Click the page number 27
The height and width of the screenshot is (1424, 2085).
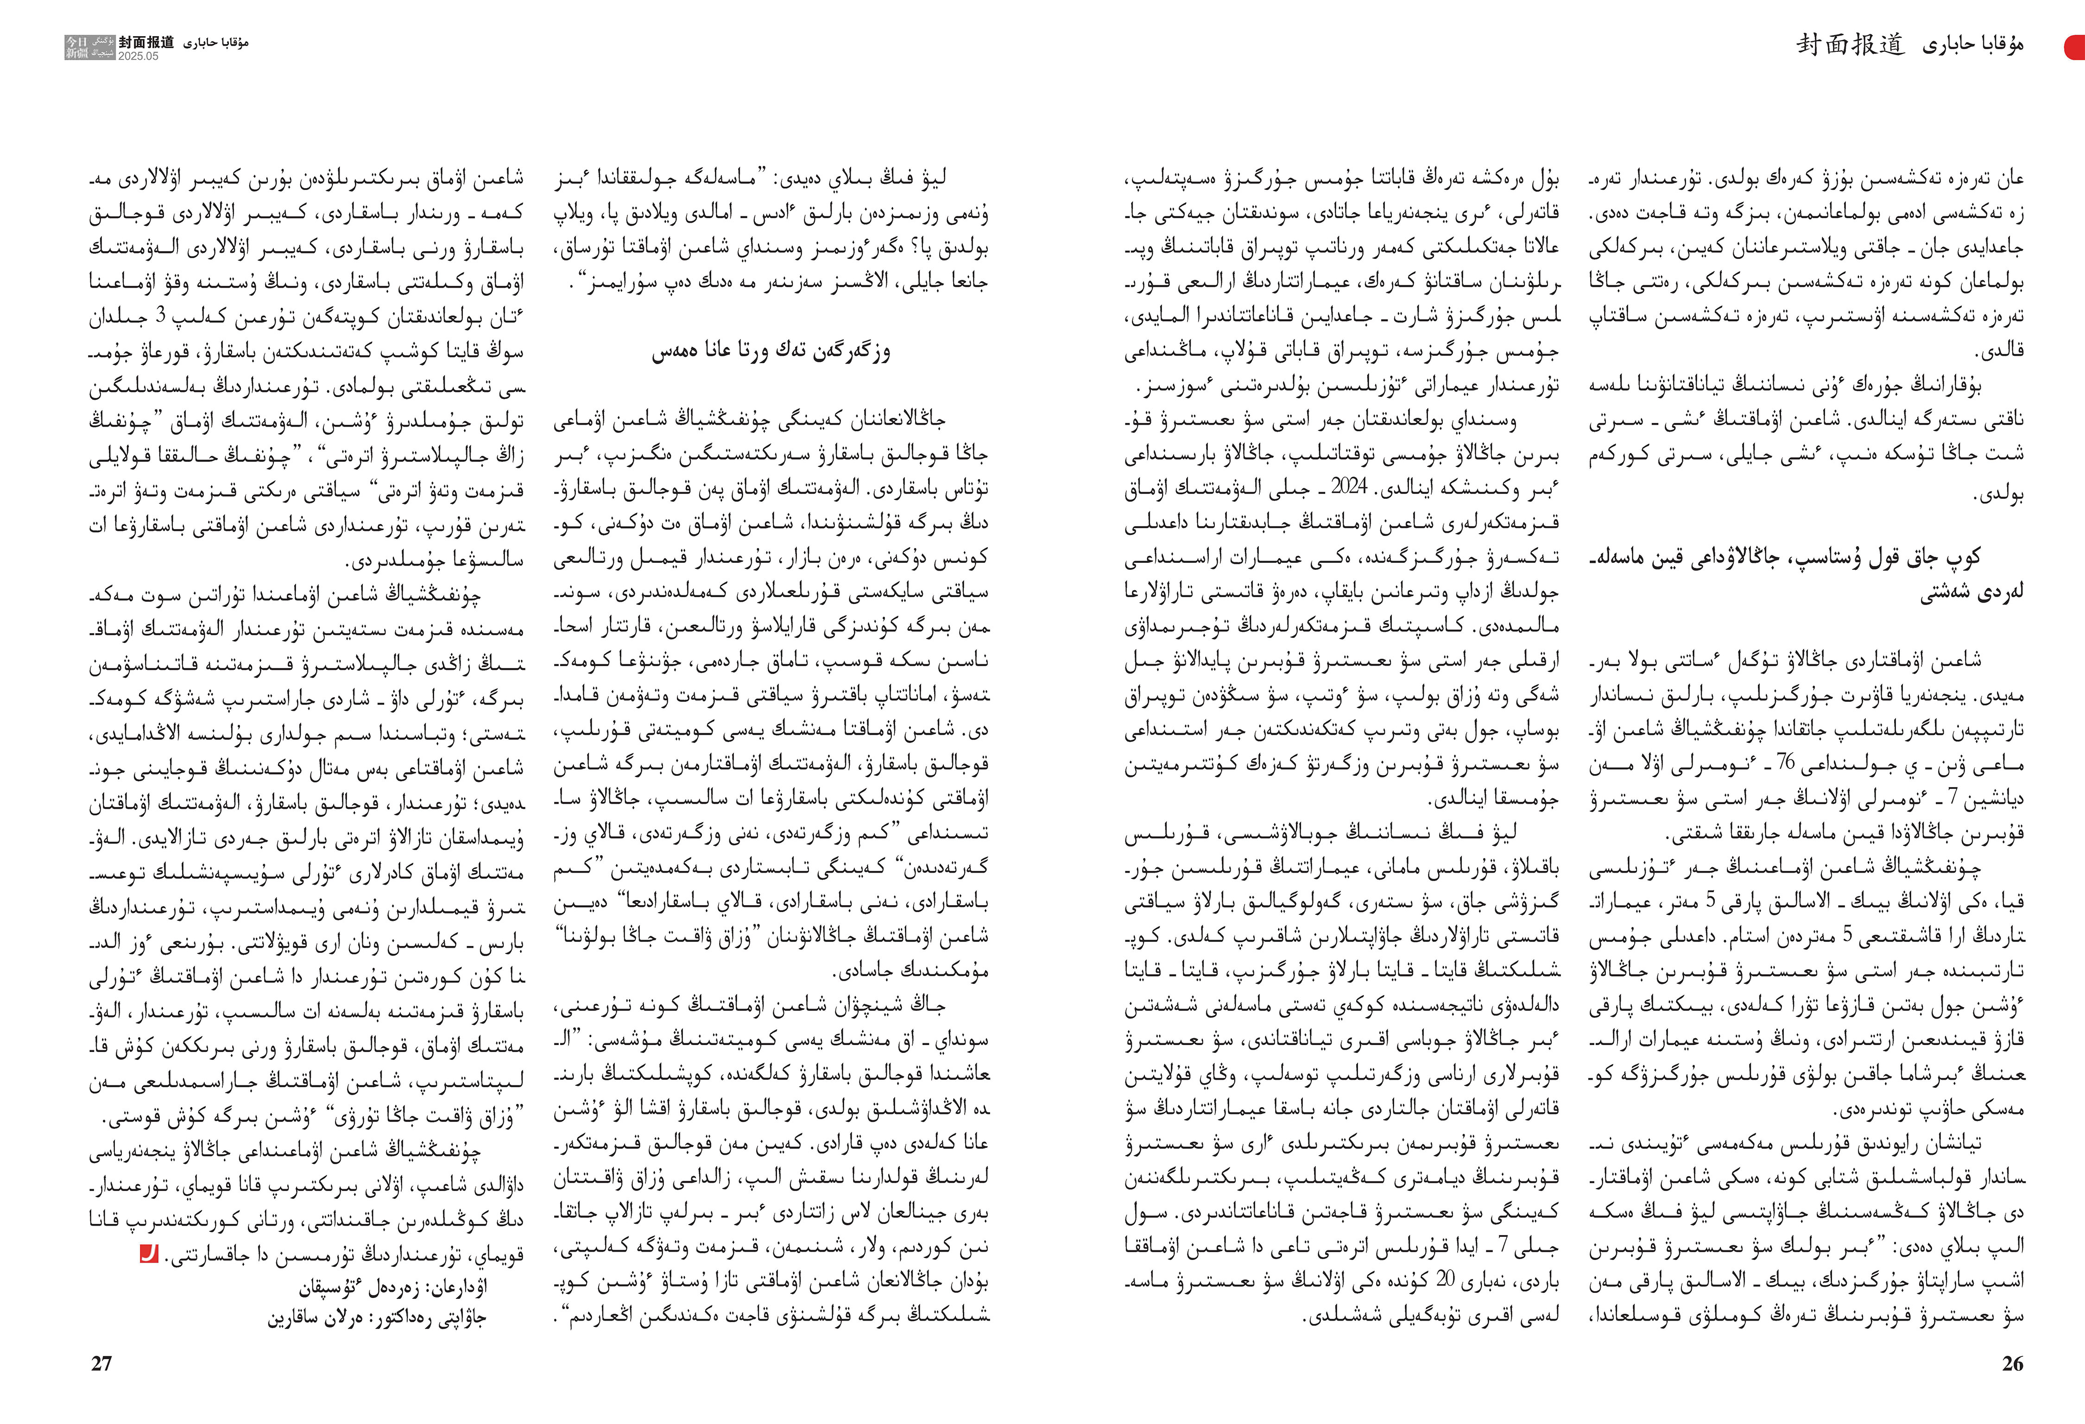101,1363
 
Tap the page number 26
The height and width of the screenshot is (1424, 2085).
2012,1363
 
